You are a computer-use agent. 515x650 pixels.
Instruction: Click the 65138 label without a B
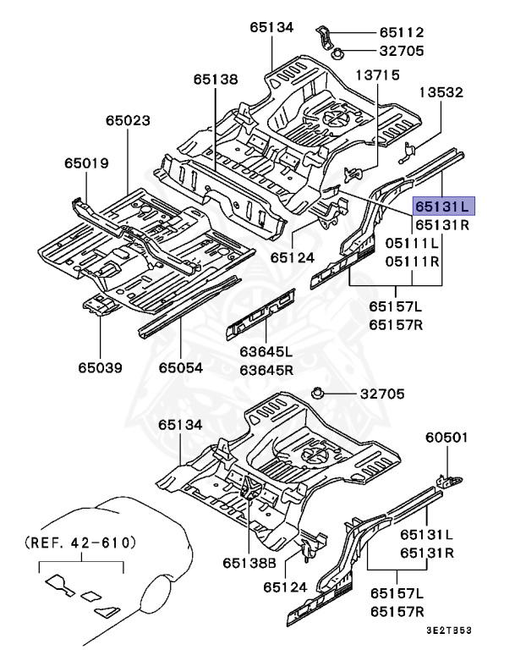click(215, 79)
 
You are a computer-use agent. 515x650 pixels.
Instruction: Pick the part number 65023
click(129, 122)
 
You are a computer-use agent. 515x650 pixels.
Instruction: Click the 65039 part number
click(101, 367)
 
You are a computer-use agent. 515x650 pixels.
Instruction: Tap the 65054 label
click(182, 367)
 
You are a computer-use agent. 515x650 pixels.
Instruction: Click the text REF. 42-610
click(79, 540)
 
